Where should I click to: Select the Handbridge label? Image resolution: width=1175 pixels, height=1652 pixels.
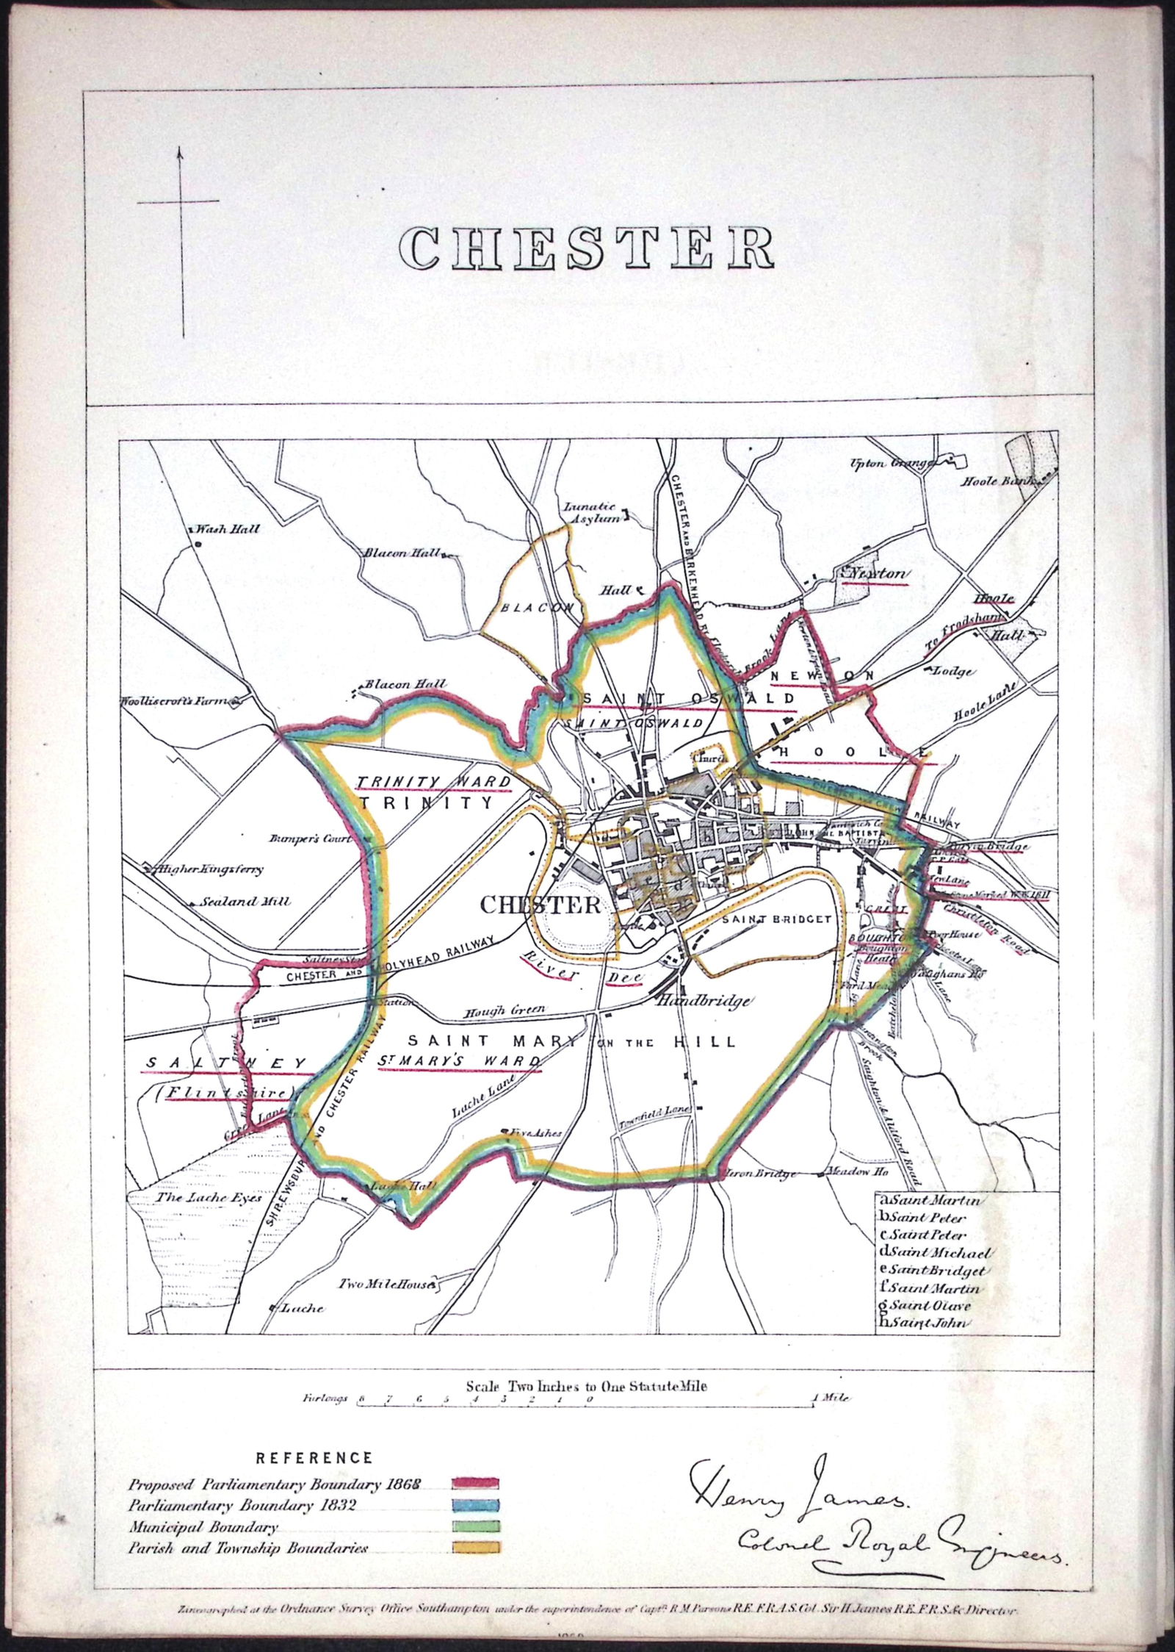coord(703,1001)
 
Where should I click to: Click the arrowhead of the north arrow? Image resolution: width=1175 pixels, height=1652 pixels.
coord(179,153)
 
